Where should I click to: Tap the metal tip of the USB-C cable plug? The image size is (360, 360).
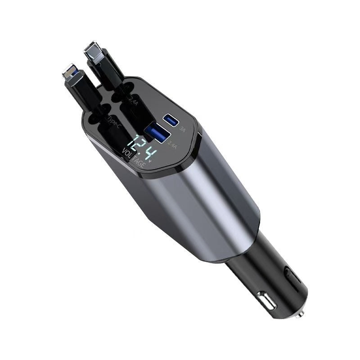(x=93, y=51)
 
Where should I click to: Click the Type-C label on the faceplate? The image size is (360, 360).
(x=113, y=120)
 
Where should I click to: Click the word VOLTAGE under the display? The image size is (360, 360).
(x=133, y=160)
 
